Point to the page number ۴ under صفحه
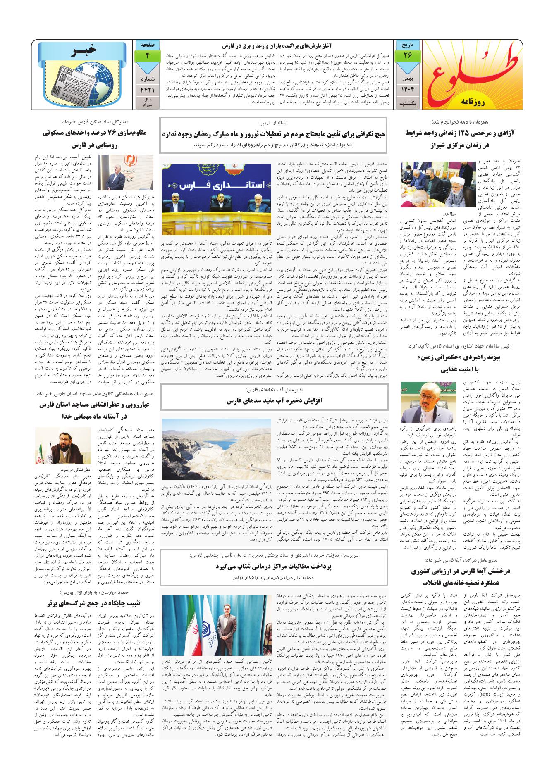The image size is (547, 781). [x=147, y=55]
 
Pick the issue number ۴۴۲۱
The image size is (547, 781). [x=147, y=88]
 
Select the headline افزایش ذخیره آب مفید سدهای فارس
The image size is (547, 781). [x=273, y=400]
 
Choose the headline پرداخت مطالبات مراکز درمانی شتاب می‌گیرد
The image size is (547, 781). [x=273, y=566]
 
